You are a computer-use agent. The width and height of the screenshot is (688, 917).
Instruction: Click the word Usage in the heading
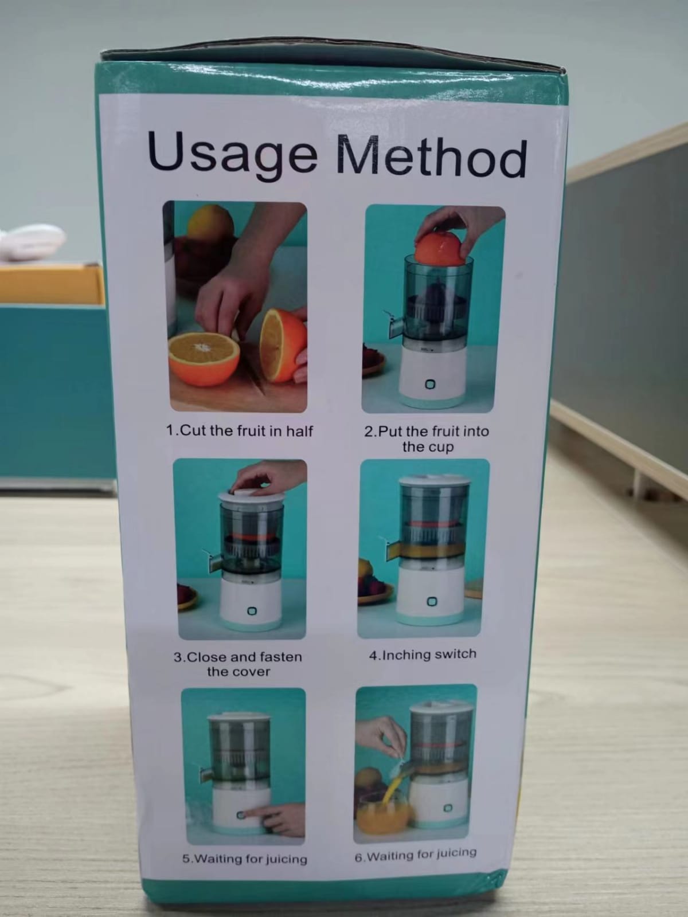(x=232, y=153)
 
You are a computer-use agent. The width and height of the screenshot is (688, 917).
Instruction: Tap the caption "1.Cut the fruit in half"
(x=239, y=431)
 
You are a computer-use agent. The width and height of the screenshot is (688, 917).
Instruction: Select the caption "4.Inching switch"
(x=423, y=654)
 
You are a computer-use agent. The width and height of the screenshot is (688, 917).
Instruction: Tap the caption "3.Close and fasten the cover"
(x=238, y=664)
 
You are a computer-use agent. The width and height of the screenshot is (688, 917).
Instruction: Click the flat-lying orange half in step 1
(x=204, y=358)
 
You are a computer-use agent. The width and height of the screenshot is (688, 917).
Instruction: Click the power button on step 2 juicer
(x=430, y=385)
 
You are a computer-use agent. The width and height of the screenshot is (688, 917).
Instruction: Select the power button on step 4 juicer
(x=432, y=602)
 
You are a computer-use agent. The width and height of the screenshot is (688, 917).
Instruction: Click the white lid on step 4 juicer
(x=435, y=481)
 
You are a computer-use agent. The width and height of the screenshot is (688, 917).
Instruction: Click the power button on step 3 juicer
(x=252, y=611)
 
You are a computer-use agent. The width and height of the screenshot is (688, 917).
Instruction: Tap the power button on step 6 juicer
(x=449, y=808)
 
